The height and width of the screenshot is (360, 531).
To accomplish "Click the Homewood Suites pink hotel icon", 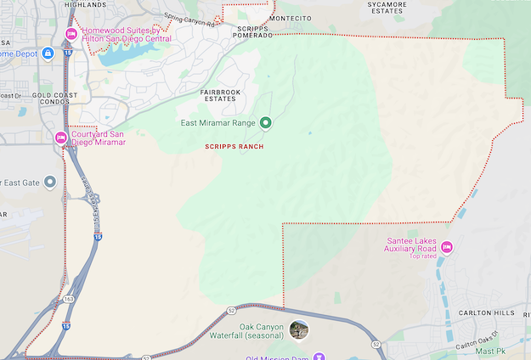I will tap(72, 34).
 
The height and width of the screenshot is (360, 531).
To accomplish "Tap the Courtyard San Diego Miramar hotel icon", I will tap(60, 138).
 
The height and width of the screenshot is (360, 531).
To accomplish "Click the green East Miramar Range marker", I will tap(265, 123).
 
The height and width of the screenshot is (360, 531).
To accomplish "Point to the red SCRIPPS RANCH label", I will tap(234, 147).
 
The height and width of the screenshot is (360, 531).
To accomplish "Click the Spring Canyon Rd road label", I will tap(189, 20).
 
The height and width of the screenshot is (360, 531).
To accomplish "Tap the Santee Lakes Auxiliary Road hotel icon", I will tap(446, 247).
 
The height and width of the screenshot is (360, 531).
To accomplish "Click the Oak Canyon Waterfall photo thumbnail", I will tap(298, 329).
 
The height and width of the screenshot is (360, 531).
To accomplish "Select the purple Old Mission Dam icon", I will tap(319, 357).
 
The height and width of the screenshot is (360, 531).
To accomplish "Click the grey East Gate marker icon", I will tap(50, 182).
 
